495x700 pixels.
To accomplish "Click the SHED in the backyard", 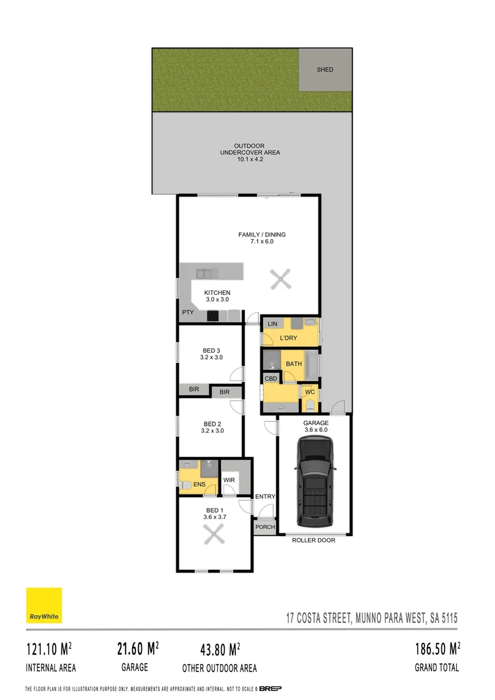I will [x=325, y=69].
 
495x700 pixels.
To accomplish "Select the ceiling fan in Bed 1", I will [x=214, y=535].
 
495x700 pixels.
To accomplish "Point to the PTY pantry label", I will [x=188, y=312].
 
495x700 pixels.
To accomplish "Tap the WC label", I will [x=310, y=392].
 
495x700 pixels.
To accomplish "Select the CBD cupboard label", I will [x=271, y=379].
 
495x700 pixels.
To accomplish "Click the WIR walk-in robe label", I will [x=229, y=480].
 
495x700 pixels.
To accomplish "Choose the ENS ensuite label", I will [x=199, y=484].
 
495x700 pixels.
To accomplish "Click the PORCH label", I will [x=264, y=527].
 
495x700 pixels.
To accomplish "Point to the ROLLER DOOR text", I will [x=314, y=540].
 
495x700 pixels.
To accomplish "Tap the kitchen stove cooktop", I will [x=213, y=316].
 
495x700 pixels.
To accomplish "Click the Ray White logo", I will [x=44, y=605].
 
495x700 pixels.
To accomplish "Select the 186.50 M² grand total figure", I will [x=437, y=649].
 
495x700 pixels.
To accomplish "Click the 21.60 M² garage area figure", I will [x=138, y=648].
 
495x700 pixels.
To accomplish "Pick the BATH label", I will [x=294, y=364].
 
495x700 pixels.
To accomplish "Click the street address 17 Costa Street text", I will [x=372, y=618].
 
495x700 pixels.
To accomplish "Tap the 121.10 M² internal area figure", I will [x=49, y=649].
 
